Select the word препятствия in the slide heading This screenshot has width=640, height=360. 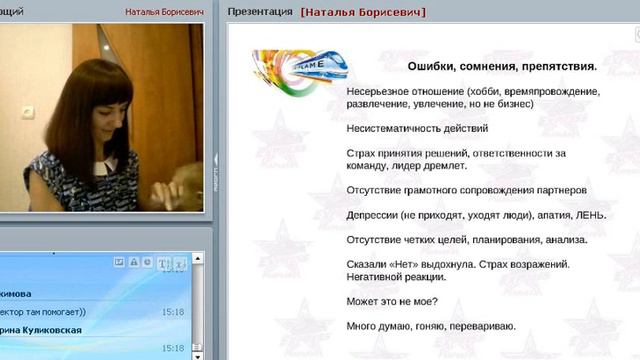[x=554, y=67]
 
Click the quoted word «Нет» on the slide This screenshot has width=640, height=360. [x=404, y=264]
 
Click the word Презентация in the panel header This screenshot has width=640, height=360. [x=260, y=12]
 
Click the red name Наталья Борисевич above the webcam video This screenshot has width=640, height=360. [x=164, y=12]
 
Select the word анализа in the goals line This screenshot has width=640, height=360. [x=563, y=239]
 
